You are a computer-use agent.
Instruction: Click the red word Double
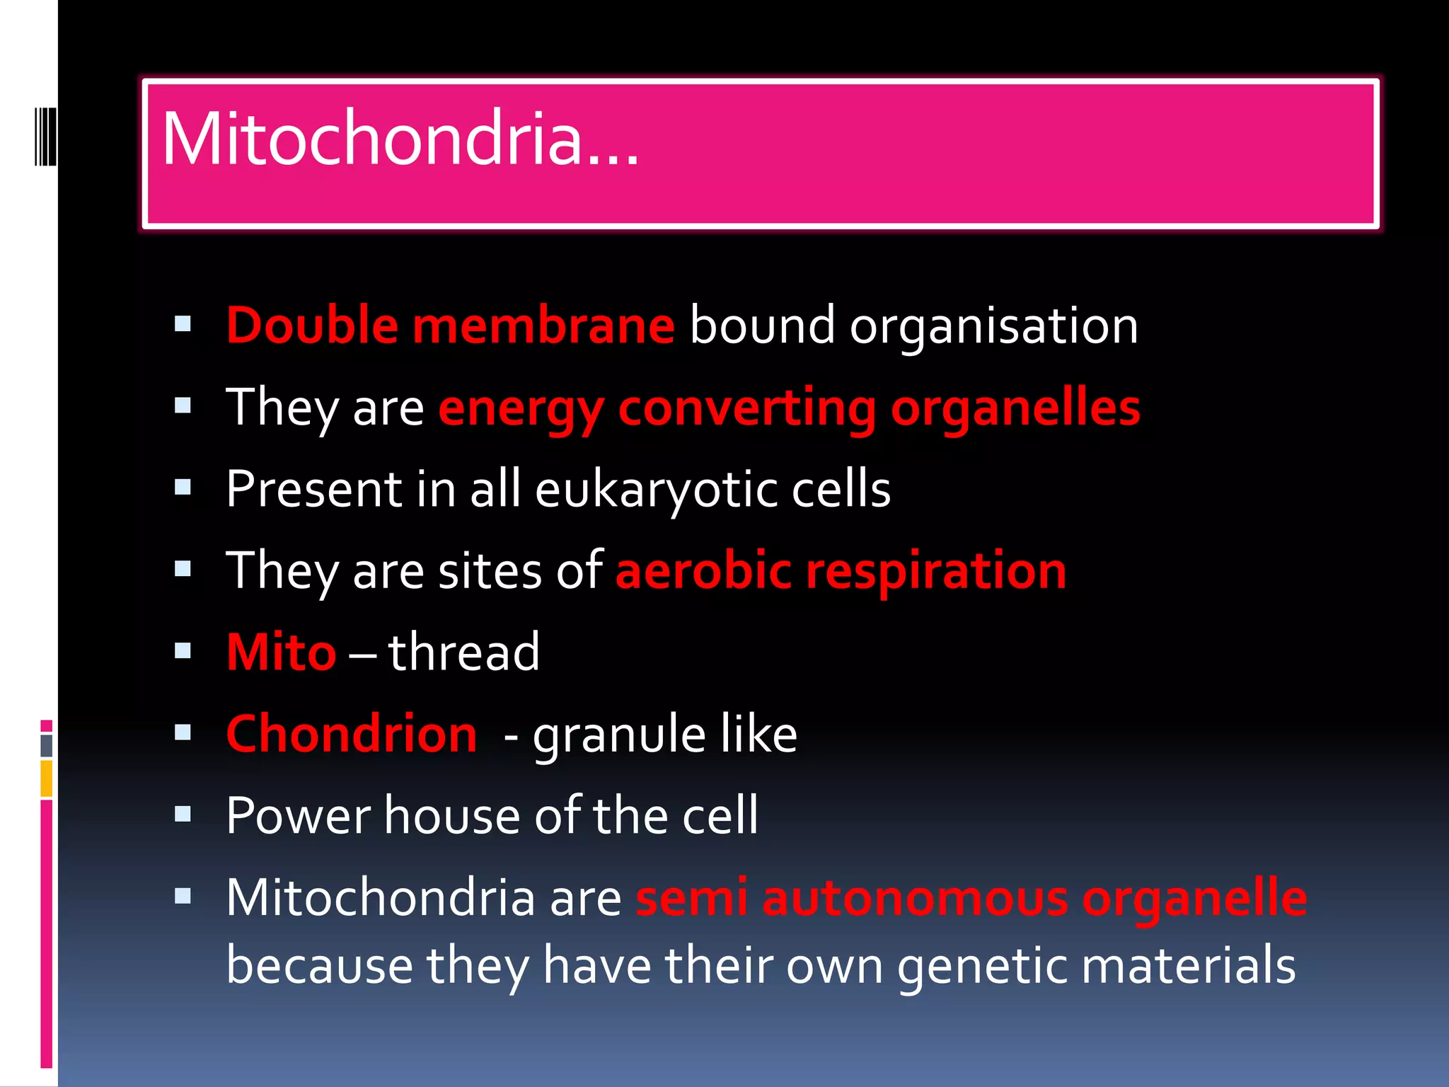coord(312,326)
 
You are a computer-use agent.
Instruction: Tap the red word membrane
coord(543,326)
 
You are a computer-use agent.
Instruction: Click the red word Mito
coord(281,652)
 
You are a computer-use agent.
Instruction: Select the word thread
coord(464,652)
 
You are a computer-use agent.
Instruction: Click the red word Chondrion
coord(352,734)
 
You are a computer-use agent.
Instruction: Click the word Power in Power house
coord(298,816)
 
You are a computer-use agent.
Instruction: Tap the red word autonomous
coord(915,899)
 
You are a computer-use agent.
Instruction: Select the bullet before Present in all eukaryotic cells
coord(183,488)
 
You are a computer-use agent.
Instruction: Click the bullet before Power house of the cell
coord(183,814)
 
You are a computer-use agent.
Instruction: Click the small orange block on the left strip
coord(46,778)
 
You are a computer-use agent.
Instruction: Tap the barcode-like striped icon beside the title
coord(45,137)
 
